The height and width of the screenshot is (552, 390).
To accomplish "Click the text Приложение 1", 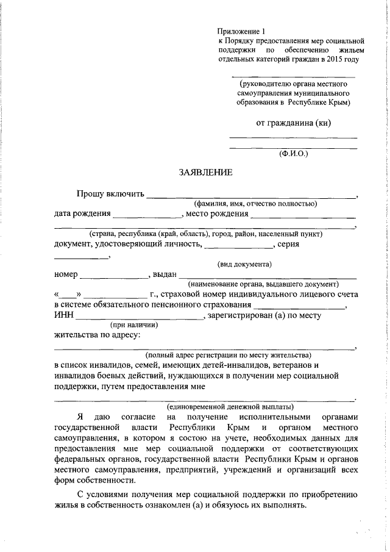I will click(243, 31).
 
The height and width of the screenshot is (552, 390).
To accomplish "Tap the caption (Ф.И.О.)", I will click(294, 154).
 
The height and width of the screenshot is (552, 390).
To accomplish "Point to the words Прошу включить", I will click(110, 195).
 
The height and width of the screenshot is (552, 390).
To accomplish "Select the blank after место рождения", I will click(303, 215).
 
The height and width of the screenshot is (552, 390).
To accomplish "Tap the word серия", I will click(287, 244).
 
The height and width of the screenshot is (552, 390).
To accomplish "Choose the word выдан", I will click(165, 274).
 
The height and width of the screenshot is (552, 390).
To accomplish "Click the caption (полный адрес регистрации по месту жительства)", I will click(228, 354).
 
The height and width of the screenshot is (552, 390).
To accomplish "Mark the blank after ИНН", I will click(140, 317).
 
